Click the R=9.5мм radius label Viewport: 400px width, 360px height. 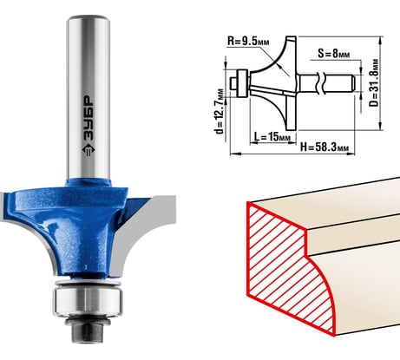point(248,42)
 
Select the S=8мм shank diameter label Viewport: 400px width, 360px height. point(334,53)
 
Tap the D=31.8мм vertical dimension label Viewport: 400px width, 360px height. point(374,82)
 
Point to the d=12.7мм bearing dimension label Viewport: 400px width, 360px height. point(220,111)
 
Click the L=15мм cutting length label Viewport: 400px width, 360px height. point(272,136)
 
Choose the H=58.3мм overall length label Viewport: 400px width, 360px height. point(325,147)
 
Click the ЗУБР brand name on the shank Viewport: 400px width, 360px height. point(89,118)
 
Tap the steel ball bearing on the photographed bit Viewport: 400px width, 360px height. point(88,300)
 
